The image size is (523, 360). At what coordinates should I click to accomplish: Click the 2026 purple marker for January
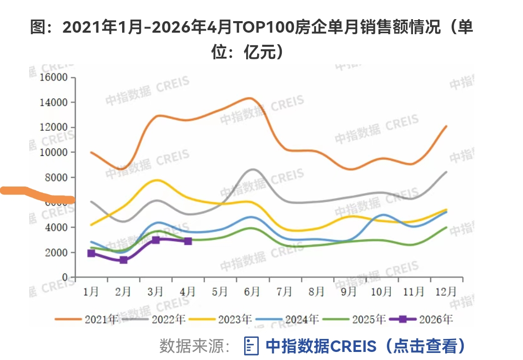pyautogui.click(x=91, y=253)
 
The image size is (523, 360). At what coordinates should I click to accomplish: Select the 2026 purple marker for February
pyautogui.click(x=124, y=260)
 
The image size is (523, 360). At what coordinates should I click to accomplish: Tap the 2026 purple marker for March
pyautogui.click(x=156, y=240)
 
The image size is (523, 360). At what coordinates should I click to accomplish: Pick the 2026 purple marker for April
pyautogui.click(x=188, y=241)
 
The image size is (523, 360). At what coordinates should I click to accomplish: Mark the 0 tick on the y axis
pyautogui.click(x=64, y=278)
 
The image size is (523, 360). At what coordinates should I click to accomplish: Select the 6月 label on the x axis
pyautogui.click(x=252, y=292)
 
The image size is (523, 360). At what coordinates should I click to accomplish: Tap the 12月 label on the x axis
pyautogui.click(x=445, y=292)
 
